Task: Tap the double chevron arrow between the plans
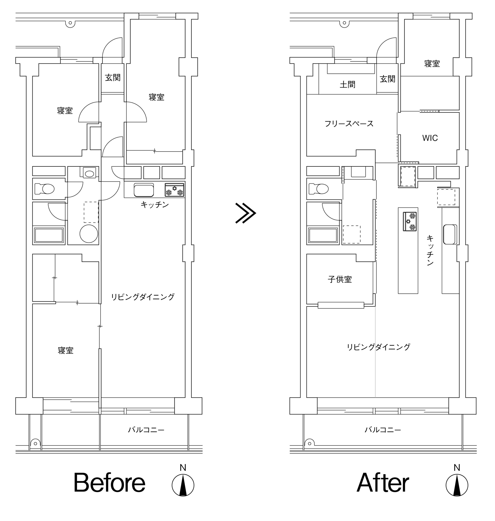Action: tap(245, 213)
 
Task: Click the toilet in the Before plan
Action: tap(45, 189)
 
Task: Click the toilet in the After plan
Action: tap(319, 189)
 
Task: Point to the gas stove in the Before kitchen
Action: tap(174, 190)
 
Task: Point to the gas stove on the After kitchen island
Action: tap(410, 222)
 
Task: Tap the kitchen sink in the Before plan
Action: tap(144, 190)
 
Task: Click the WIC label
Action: tap(430, 138)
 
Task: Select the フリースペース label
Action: tap(349, 124)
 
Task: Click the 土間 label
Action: tap(347, 85)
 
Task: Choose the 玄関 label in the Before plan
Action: tap(113, 78)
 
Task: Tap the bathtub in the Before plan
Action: tap(49, 235)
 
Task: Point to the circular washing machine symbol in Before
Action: tap(89, 234)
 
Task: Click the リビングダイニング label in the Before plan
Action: tap(143, 297)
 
